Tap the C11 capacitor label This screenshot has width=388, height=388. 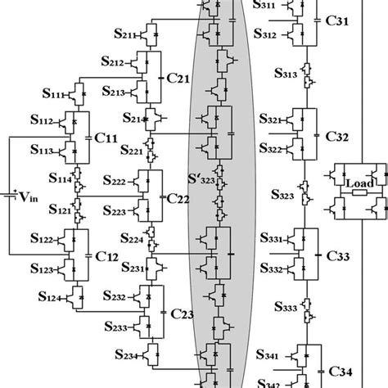click(106, 140)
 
